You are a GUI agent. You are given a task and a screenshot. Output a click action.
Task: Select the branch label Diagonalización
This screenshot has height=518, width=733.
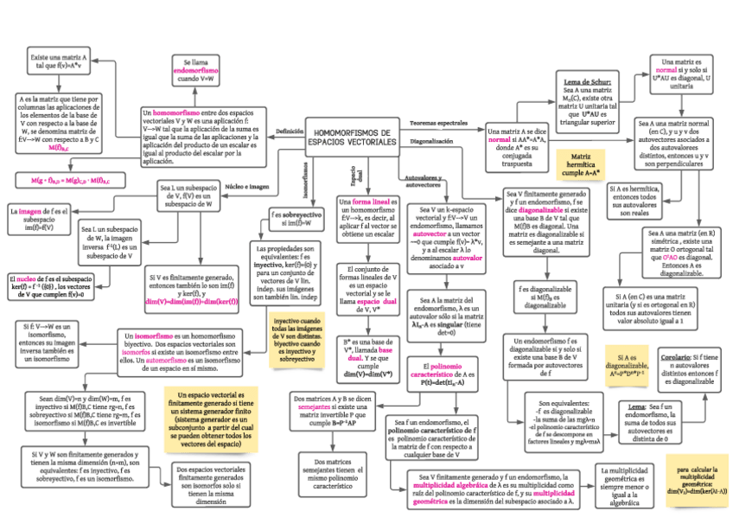(431, 140)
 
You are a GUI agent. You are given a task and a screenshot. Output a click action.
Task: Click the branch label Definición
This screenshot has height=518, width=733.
(290, 131)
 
